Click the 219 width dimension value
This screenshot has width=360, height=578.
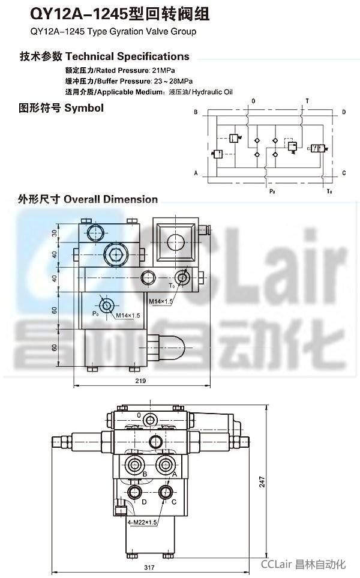pyautogui.click(x=140, y=381)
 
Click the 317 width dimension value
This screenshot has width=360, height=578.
pyautogui.click(x=149, y=567)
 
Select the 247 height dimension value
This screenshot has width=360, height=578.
pyautogui.click(x=262, y=482)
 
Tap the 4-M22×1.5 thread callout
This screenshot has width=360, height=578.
pyautogui.click(x=142, y=522)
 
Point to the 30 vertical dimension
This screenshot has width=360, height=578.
pyautogui.click(x=55, y=233)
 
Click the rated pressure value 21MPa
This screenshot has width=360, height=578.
pyautogui.click(x=163, y=70)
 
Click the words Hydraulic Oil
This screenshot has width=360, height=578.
pyautogui.click(x=212, y=92)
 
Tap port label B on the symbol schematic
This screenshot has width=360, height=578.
pyautogui.click(x=196, y=112)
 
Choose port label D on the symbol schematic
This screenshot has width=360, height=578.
pyautogui.click(x=343, y=112)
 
